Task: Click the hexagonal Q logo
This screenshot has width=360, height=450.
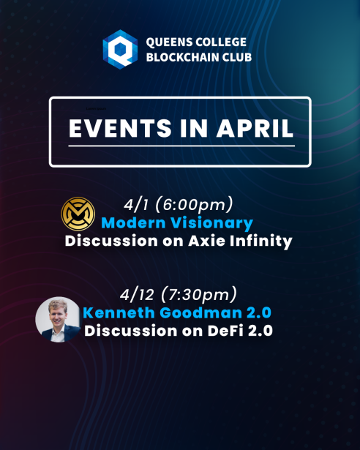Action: click(120, 49)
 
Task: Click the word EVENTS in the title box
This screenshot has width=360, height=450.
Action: click(120, 128)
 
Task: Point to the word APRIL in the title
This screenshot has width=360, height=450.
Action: click(255, 128)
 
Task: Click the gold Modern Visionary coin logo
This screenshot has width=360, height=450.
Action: click(78, 214)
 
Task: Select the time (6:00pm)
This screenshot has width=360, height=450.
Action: click(194, 205)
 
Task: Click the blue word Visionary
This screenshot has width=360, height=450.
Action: click(211, 223)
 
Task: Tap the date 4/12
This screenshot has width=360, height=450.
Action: click(137, 295)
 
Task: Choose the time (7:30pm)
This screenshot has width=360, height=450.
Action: click(199, 295)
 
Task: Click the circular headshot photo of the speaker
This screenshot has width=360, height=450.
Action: click(58, 320)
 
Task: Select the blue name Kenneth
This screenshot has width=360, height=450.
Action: click(119, 312)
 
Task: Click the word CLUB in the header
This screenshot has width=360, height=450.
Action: click(237, 57)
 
